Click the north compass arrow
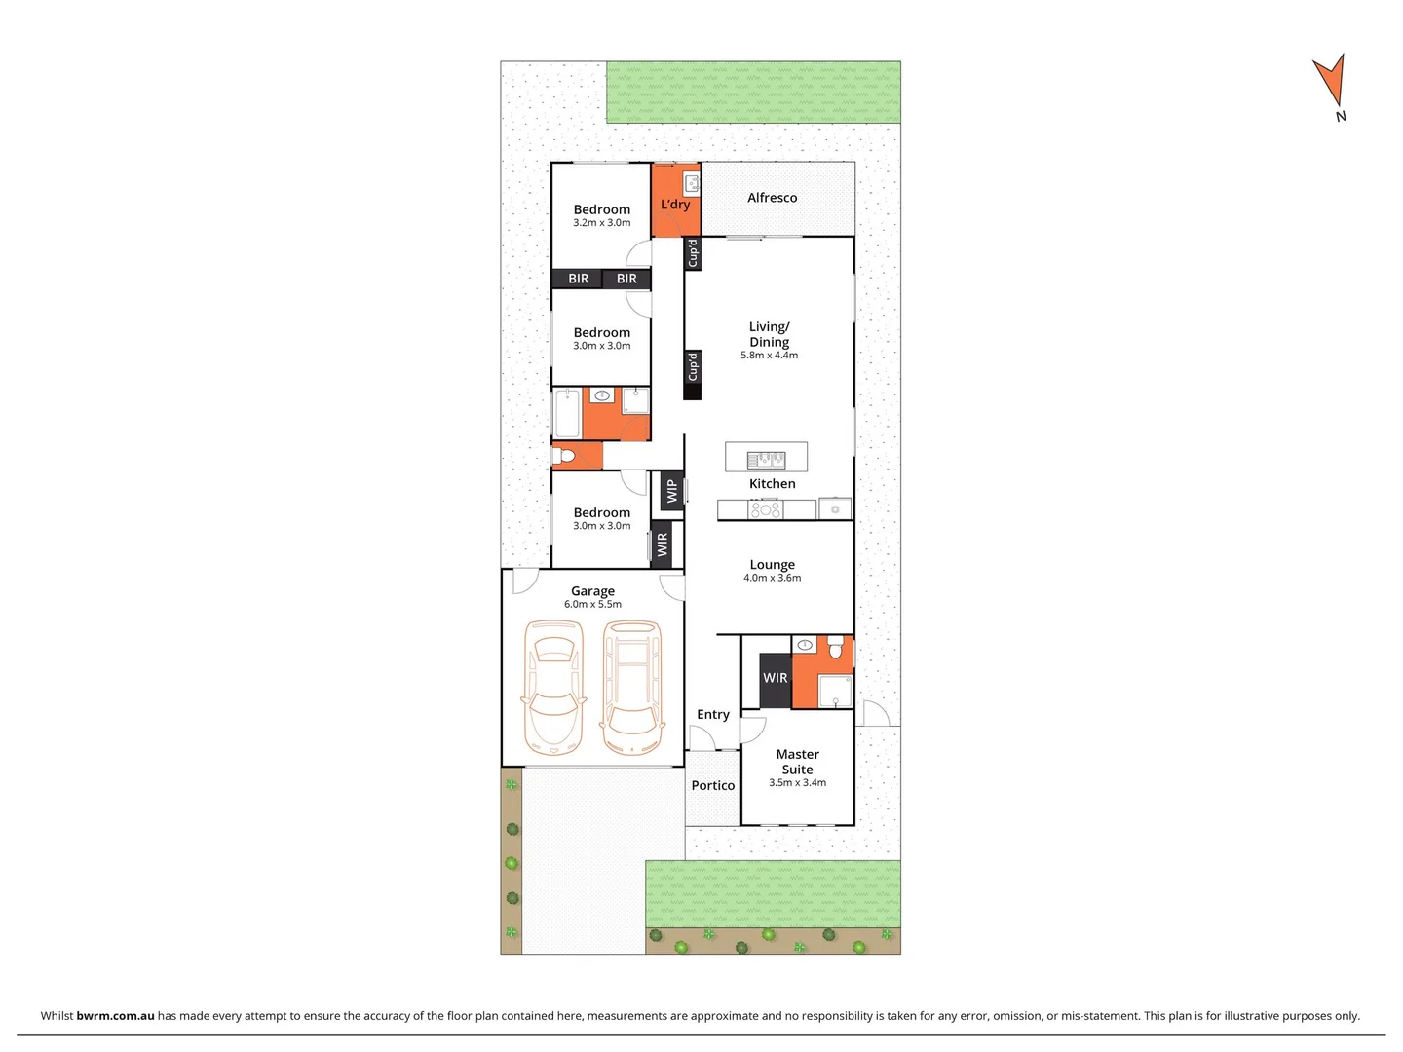point(1331,82)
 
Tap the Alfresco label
point(772,198)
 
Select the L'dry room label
point(675,205)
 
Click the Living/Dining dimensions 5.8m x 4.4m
point(769,356)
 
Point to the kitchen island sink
point(766,459)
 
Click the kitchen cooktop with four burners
point(765,509)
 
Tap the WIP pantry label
point(671,492)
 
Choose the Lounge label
point(772,565)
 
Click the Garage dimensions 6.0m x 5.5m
point(592,605)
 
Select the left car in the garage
point(553,689)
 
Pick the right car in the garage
point(631,689)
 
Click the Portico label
point(713,786)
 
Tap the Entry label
point(713,715)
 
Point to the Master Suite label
point(797,762)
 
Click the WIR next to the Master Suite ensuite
point(776,678)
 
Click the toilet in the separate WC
point(564,456)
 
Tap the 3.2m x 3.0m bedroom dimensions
point(601,223)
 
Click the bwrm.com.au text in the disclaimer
point(115,1016)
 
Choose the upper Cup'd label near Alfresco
point(693,253)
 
